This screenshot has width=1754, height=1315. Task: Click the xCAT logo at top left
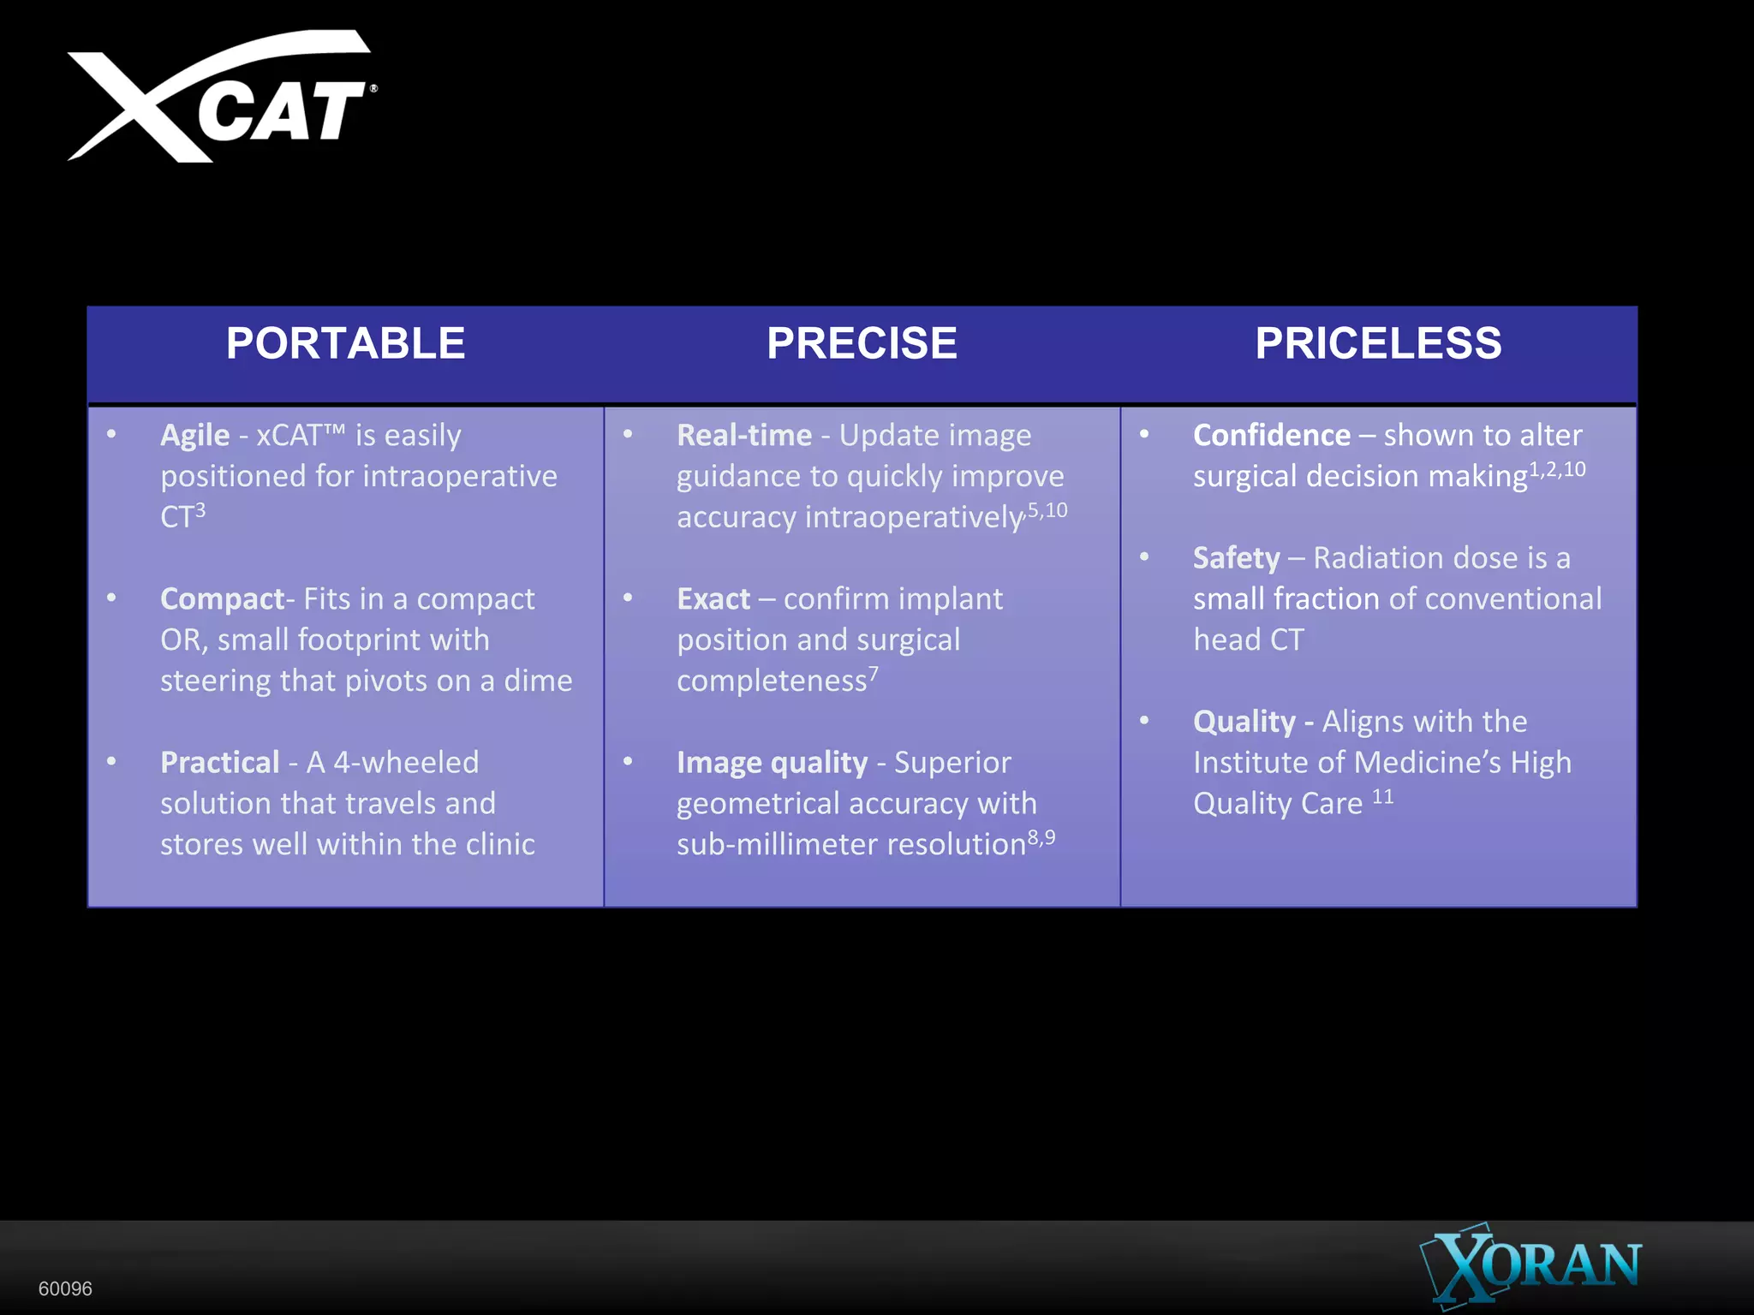point(221,98)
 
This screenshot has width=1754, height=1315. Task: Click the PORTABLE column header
point(345,343)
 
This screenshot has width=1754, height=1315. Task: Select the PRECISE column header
point(862,343)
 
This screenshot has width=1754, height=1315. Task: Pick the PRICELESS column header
point(1378,343)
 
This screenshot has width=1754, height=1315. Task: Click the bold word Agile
point(195,436)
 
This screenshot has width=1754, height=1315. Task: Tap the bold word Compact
point(222,599)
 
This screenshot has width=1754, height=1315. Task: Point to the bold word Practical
point(220,763)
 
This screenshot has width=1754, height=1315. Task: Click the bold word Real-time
point(744,436)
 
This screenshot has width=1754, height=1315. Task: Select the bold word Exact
point(713,599)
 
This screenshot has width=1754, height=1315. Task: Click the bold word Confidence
point(1272,436)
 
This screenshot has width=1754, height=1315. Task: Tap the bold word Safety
point(1237,558)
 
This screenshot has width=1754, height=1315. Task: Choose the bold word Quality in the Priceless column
point(1244,722)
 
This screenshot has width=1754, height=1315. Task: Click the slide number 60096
point(65,1288)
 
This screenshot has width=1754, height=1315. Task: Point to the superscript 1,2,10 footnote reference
point(1557,469)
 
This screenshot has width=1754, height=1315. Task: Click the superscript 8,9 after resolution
point(1041,837)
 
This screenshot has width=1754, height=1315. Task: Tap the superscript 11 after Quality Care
point(1382,797)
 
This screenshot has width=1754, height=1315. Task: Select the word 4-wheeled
point(406,763)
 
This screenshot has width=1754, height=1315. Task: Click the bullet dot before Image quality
point(628,761)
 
